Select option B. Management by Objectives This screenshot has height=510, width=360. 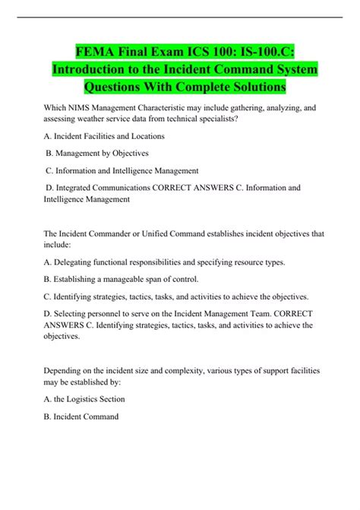tap(96, 153)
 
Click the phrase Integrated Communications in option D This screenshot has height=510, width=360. tap(105, 187)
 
